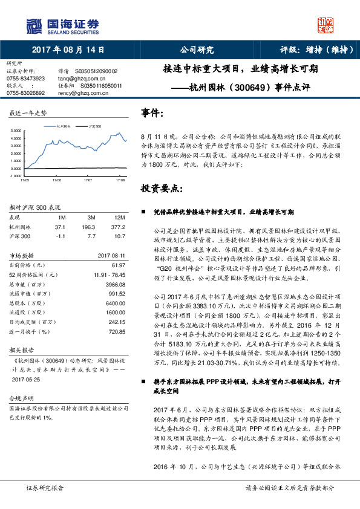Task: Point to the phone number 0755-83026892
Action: coord(25,92)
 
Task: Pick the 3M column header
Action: coord(91,217)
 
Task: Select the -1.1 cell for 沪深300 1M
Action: coord(60,235)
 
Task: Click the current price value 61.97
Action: coord(118,265)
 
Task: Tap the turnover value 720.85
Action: coord(116,332)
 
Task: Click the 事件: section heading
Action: coord(152,113)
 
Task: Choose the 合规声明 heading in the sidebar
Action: coord(20,400)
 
